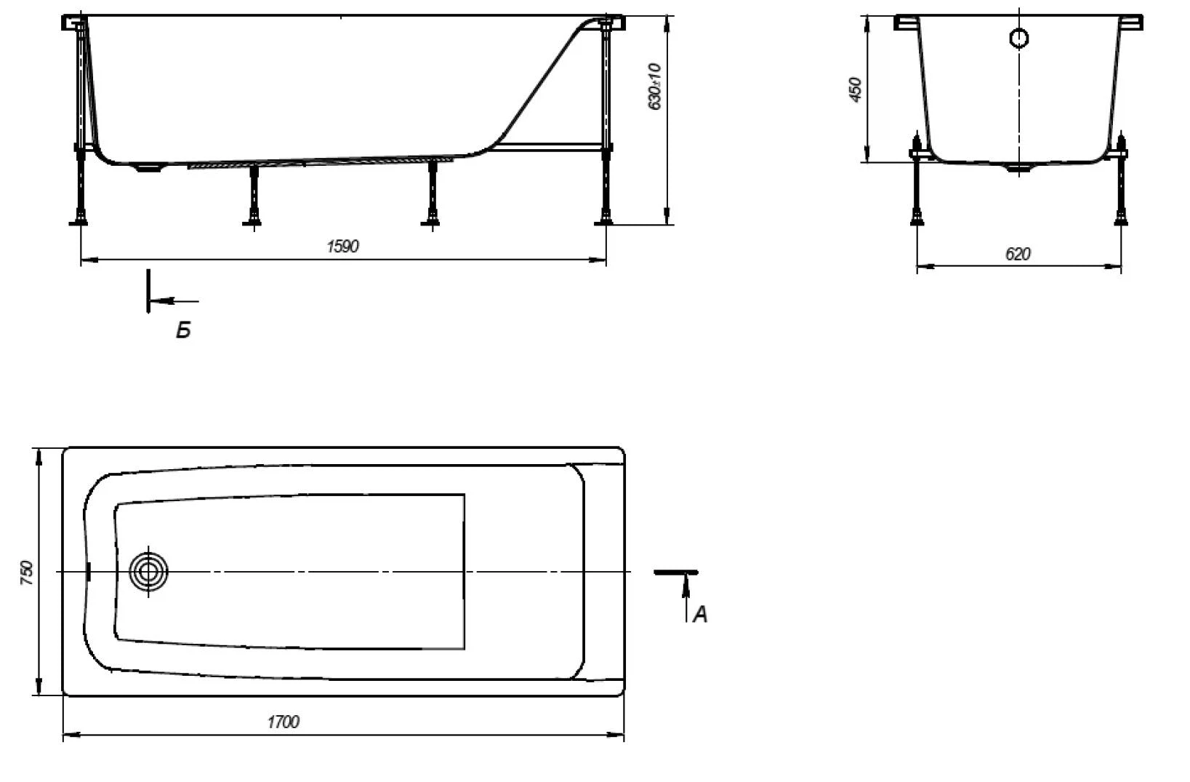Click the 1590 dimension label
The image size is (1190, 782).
[x=342, y=246]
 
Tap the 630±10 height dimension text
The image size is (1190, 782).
[x=654, y=87]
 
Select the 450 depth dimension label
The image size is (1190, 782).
[x=855, y=89]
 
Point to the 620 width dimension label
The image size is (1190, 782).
[x=1018, y=254]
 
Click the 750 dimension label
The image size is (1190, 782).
[x=27, y=572]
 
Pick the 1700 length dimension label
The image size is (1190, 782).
[x=284, y=722]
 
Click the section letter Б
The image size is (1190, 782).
[x=183, y=330]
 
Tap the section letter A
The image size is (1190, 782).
[x=701, y=615]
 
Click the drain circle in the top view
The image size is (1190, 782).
[x=148, y=572]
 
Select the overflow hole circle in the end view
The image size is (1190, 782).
[x=1019, y=39]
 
